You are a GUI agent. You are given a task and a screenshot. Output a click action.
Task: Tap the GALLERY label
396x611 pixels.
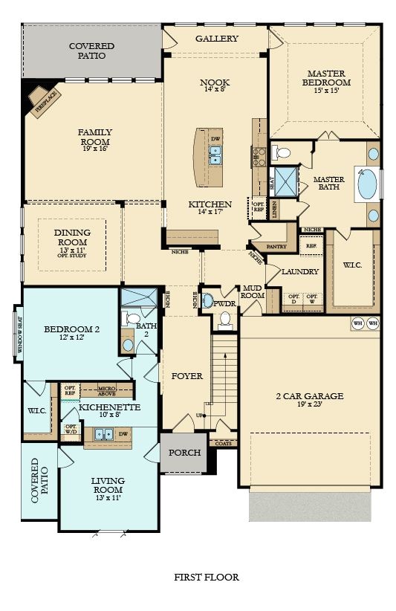pos(216,39)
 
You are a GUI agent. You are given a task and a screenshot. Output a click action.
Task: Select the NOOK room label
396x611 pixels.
pos(215,83)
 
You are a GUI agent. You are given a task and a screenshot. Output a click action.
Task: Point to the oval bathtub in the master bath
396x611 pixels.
pos(368,184)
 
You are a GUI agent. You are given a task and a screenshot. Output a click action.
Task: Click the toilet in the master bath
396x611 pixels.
pos(282,154)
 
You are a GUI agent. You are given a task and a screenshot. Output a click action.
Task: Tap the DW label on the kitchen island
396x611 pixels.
pos(215,138)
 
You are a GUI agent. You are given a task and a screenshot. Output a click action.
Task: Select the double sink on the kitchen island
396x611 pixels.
pos(215,155)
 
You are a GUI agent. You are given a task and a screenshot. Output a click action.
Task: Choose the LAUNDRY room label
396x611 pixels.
pos(300,272)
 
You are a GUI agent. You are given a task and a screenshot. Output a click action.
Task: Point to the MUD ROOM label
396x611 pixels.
pos(252,291)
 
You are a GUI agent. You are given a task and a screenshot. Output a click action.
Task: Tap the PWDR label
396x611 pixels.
pos(224,303)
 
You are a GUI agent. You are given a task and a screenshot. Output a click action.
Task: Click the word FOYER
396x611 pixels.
pos(186,376)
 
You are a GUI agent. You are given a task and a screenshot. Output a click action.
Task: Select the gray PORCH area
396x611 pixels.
pos(184,453)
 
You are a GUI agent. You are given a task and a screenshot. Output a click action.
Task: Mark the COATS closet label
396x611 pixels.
pos(224,443)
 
